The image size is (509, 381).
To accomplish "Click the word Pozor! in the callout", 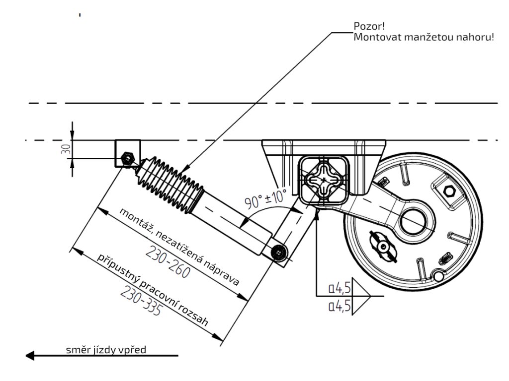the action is pos(369,26).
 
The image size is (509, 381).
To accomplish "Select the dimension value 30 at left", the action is pos(66,149).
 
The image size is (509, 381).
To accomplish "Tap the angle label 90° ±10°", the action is pos(266,198).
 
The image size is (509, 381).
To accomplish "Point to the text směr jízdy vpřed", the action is pos(106,350).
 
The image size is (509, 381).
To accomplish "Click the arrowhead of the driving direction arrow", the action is pos(30,355).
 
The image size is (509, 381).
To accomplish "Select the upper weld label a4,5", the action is pos(340,288).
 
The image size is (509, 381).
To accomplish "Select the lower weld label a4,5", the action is pos(340,306).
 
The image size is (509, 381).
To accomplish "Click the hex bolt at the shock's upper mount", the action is pos(127,158).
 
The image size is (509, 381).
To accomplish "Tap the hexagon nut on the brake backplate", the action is pos(449,191).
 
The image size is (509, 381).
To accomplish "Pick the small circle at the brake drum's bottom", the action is pos(438,276).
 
